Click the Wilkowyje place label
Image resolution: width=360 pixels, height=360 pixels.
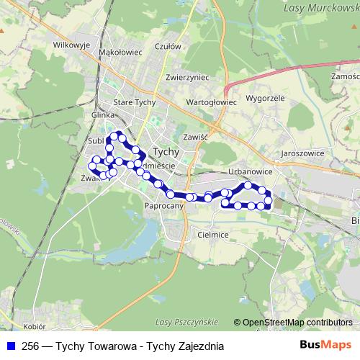[x=70, y=44]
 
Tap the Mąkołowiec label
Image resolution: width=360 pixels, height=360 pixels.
[x=119, y=52]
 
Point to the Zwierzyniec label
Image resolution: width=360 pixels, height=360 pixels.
[x=186, y=77]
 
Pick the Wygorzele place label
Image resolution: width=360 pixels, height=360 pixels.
[x=265, y=97]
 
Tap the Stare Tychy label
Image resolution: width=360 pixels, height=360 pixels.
[x=135, y=103]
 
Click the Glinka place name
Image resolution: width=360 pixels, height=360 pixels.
[x=104, y=115]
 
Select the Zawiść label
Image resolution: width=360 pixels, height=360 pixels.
[x=195, y=136]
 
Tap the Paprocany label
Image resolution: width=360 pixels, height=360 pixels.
[x=164, y=206]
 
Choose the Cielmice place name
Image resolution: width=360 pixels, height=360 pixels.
[x=212, y=235]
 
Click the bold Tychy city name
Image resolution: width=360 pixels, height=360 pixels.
[x=167, y=152]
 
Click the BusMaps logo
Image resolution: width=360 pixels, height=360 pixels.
[x=326, y=346]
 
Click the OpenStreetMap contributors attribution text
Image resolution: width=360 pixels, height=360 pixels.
[x=297, y=323]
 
